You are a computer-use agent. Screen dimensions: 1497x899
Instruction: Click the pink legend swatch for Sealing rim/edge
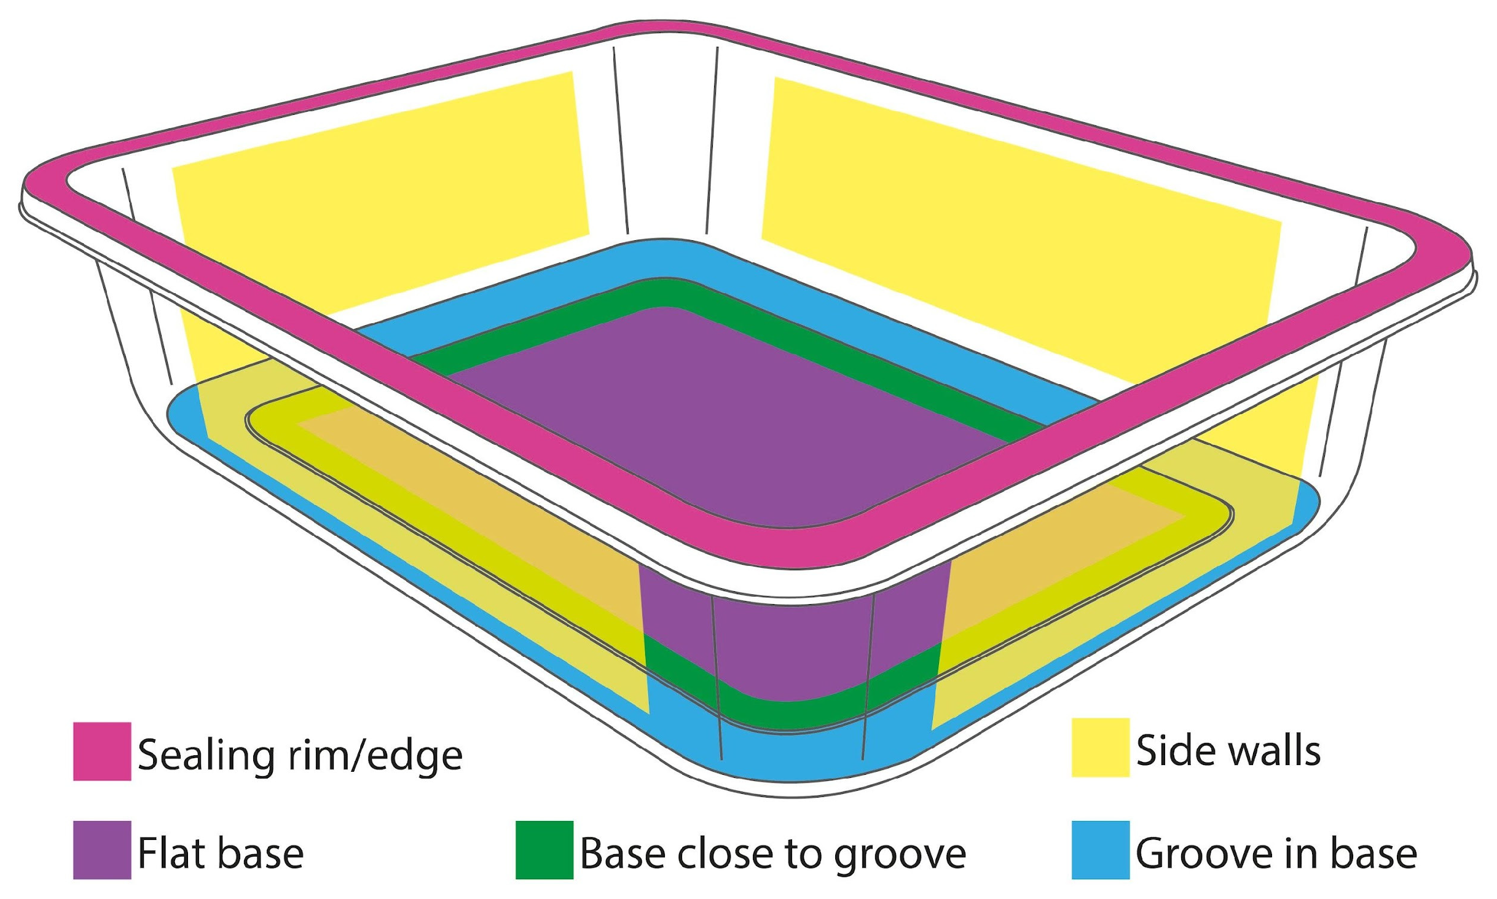(102, 751)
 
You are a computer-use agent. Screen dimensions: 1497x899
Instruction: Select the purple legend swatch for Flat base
(102, 850)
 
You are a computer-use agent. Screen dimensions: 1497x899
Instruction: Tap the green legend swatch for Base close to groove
(544, 850)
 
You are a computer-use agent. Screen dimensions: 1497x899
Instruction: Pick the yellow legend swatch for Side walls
(1101, 747)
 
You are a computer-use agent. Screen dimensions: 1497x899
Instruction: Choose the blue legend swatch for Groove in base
(1101, 850)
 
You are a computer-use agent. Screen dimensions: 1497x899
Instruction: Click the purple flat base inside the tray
(725, 418)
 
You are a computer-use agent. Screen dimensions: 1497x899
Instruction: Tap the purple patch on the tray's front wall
(793, 633)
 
